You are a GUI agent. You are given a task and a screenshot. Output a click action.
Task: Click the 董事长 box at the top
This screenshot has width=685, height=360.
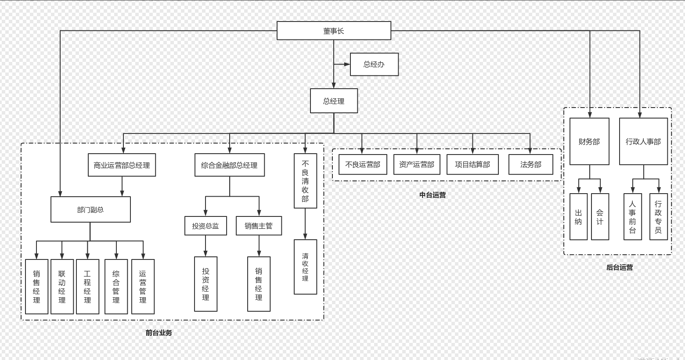click(334, 31)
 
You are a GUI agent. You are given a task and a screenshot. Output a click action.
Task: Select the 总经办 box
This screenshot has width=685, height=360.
click(374, 65)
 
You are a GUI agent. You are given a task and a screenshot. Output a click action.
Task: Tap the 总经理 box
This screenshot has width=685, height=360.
click(334, 101)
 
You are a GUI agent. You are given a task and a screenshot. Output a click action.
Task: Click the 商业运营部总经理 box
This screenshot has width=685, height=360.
click(122, 165)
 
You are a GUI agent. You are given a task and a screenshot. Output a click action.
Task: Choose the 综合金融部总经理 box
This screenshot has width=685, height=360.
click(229, 165)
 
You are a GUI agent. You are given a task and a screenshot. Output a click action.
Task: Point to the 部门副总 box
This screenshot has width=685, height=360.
click(90, 209)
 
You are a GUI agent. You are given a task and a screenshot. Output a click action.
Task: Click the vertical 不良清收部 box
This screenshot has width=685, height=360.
click(305, 181)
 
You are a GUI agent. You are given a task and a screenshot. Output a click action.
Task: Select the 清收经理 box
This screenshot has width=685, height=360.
click(305, 267)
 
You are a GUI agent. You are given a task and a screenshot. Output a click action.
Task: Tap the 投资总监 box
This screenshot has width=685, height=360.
click(205, 226)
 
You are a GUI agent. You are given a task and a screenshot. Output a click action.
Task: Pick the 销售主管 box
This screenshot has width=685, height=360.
click(259, 226)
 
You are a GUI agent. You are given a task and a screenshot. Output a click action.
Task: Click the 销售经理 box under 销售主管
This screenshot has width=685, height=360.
click(259, 284)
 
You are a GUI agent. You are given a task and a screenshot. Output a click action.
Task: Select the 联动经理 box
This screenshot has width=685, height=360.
click(62, 287)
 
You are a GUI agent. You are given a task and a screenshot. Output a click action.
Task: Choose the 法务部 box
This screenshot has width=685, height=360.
click(530, 165)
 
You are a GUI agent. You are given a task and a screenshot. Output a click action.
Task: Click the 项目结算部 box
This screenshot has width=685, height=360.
click(472, 165)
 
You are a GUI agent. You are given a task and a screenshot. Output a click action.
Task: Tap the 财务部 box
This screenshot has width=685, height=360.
click(589, 141)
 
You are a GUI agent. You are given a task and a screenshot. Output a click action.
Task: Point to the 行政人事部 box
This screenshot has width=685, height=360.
click(643, 141)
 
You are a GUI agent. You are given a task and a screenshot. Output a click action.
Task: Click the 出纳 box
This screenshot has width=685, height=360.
click(578, 217)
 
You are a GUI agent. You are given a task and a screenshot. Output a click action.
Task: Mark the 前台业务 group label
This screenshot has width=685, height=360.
click(159, 333)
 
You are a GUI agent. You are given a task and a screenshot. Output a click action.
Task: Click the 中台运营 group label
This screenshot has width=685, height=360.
click(433, 195)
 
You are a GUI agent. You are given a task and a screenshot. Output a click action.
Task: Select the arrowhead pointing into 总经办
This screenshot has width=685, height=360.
click(347, 65)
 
